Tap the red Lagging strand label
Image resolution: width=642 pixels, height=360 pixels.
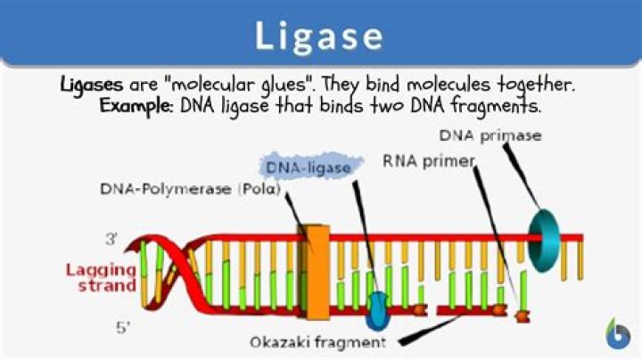pos(99,277)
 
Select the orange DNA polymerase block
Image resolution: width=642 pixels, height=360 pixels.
pos(313,272)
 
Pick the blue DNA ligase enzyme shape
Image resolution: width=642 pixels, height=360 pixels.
pos(378,308)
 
